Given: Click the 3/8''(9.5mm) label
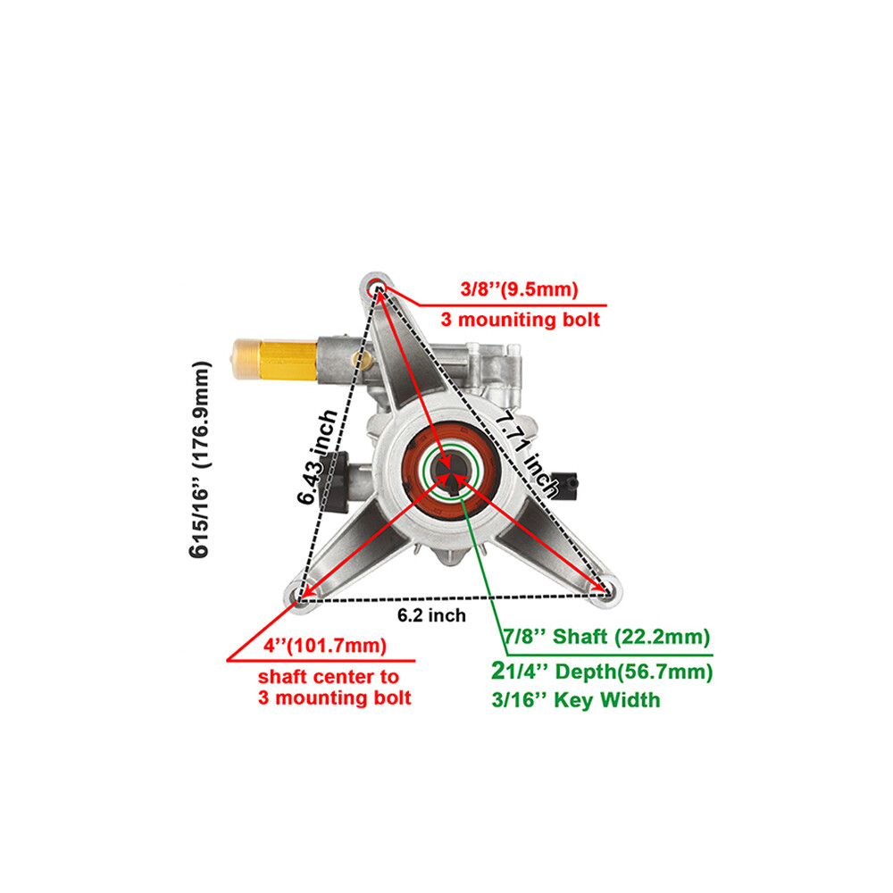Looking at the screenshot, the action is [519, 289].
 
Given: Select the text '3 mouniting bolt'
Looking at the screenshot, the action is [520, 320].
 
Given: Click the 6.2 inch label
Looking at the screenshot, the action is [431, 615].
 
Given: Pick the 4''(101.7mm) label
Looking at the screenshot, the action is [325, 646].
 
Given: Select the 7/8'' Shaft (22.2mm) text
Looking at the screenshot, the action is [606, 636].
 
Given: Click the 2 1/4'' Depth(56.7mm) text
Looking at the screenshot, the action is [602, 672].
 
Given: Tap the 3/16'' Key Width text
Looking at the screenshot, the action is [576, 700].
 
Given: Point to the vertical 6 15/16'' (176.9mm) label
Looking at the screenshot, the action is [199, 459].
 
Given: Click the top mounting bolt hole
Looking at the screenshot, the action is [377, 288].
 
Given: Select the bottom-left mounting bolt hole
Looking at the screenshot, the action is [298, 595].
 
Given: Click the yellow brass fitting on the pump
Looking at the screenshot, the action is [274, 359].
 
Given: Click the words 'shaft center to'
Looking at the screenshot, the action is [329, 677].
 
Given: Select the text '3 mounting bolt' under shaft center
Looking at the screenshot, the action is [334, 697].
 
